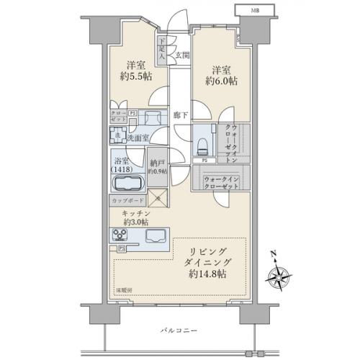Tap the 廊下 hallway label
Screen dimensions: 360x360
point(181,114)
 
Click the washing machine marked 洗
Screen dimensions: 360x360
point(117,136)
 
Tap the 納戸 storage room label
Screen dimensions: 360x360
point(157,167)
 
